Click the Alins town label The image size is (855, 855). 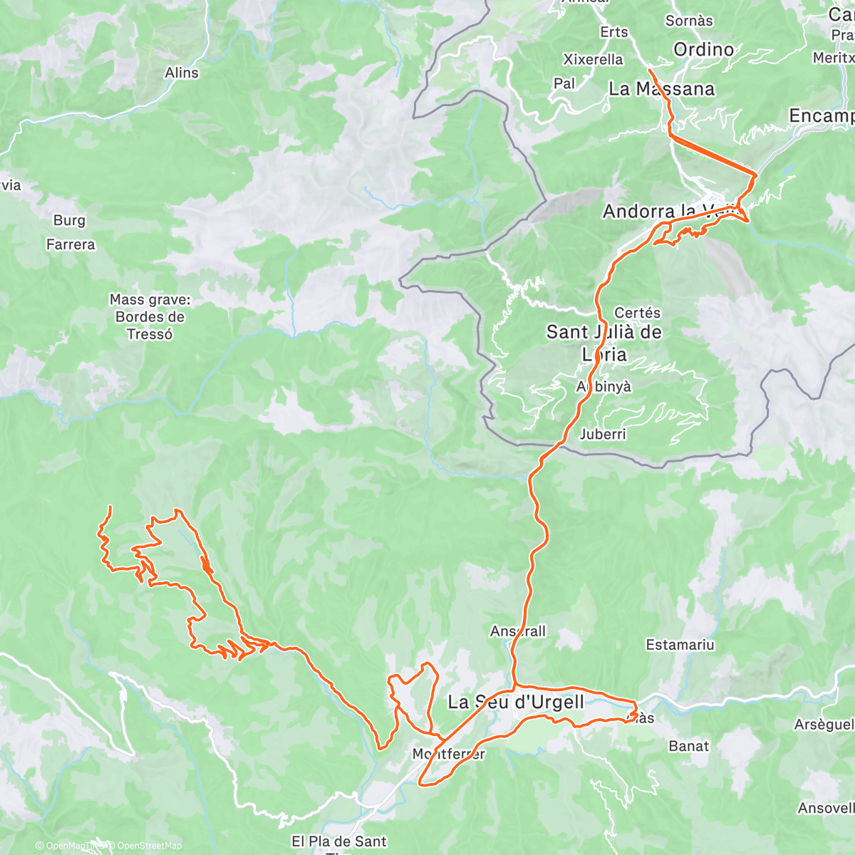[182, 73]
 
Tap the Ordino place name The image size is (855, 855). [703, 49]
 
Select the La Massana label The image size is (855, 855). [662, 88]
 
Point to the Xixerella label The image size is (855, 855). [593, 59]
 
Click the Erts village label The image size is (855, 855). [613, 32]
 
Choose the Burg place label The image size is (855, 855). [69, 221]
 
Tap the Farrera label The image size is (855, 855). [71, 244]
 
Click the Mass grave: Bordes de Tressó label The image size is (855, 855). [150, 317]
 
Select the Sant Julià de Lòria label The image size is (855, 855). [604, 343]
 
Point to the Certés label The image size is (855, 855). [637, 313]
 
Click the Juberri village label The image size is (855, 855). [603, 434]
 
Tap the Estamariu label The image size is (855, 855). [680, 645]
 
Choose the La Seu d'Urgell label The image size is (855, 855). [516, 702]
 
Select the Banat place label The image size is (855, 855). [688, 746]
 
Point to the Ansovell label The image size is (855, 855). [826, 808]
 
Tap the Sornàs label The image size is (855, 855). [689, 21]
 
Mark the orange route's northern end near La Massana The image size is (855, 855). [650, 71]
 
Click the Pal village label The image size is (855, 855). [564, 83]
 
